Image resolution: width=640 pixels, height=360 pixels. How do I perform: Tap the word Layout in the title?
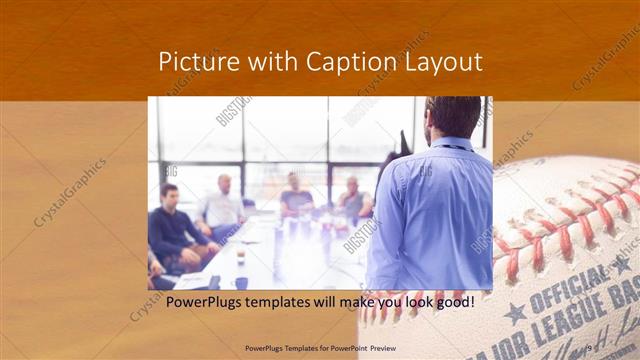tap(442, 62)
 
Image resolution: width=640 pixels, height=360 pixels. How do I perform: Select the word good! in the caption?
tap(452, 302)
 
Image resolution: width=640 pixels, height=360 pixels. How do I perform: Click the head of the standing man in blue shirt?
tap(452, 117)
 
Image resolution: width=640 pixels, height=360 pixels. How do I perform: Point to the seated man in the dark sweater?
tap(174, 225)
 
